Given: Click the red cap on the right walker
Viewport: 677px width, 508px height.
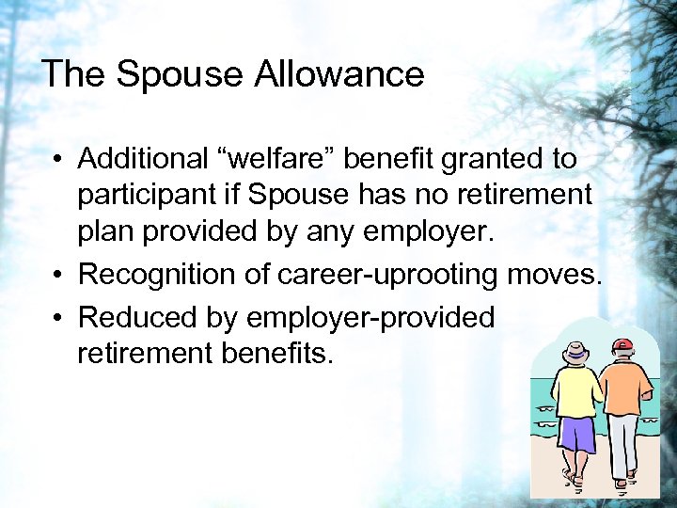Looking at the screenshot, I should point(621,345).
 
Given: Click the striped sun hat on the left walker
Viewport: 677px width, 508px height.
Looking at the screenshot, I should point(575,352).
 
